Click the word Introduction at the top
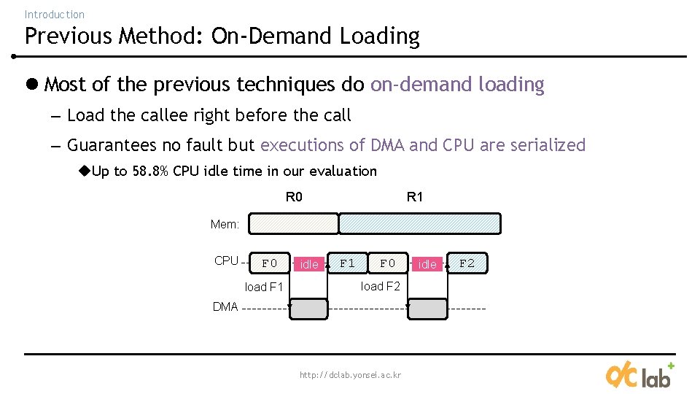click(x=54, y=14)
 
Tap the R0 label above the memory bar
click(x=294, y=197)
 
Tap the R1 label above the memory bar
click(x=414, y=197)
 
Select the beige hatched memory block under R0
click(x=294, y=223)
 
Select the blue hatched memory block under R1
click(x=421, y=223)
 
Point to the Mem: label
click(x=225, y=225)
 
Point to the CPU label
click(x=226, y=261)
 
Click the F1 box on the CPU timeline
click(x=348, y=263)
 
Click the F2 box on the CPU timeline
click(x=467, y=263)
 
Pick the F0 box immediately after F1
click(x=388, y=263)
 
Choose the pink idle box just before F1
click(x=309, y=264)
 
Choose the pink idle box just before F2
click(x=427, y=264)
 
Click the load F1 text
click(x=263, y=287)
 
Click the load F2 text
click(x=381, y=286)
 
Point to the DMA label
click(x=225, y=307)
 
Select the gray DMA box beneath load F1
click(x=309, y=309)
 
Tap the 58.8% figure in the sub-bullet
click(x=150, y=171)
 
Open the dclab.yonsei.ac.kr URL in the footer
click(x=350, y=375)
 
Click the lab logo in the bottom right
click(x=639, y=374)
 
